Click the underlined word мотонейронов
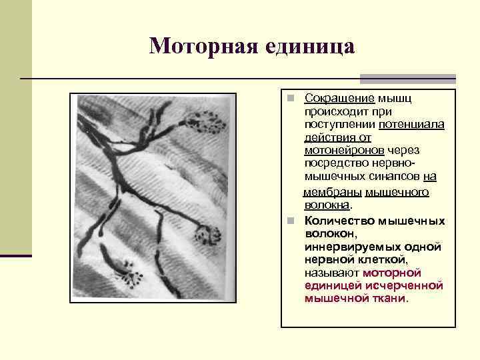(344, 150)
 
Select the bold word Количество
(339, 221)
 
